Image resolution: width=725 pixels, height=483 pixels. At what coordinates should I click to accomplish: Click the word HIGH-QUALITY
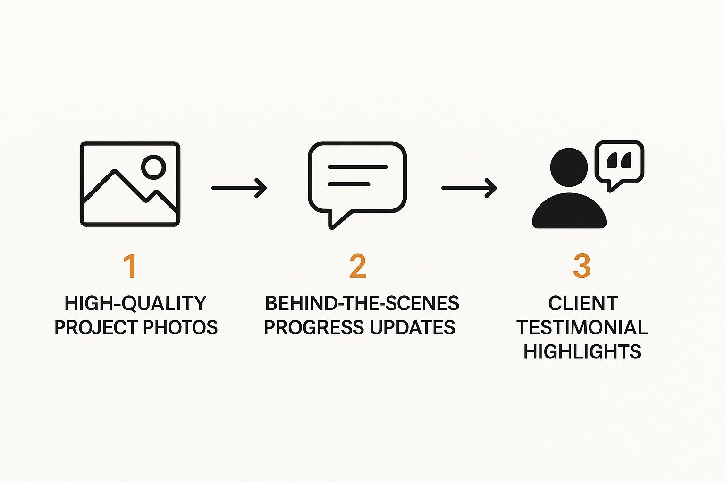point(135,303)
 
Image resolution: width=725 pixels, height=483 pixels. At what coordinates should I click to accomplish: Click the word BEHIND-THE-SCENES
point(362,303)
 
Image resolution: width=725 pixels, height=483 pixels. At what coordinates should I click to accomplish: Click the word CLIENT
point(583,303)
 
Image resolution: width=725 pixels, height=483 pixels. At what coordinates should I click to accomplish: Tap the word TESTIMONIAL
point(582,327)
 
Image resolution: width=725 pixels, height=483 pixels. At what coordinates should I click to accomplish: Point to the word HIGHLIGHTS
point(582,352)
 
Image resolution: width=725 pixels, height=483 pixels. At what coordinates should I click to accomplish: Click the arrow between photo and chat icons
point(239,188)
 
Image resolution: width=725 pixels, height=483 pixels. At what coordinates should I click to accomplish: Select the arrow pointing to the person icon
point(469,188)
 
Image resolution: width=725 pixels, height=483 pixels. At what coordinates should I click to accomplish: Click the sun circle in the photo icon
point(154,167)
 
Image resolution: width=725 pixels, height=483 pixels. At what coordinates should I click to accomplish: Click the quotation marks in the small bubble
point(619,160)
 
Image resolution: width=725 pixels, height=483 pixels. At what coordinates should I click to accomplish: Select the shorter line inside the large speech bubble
point(349,184)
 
